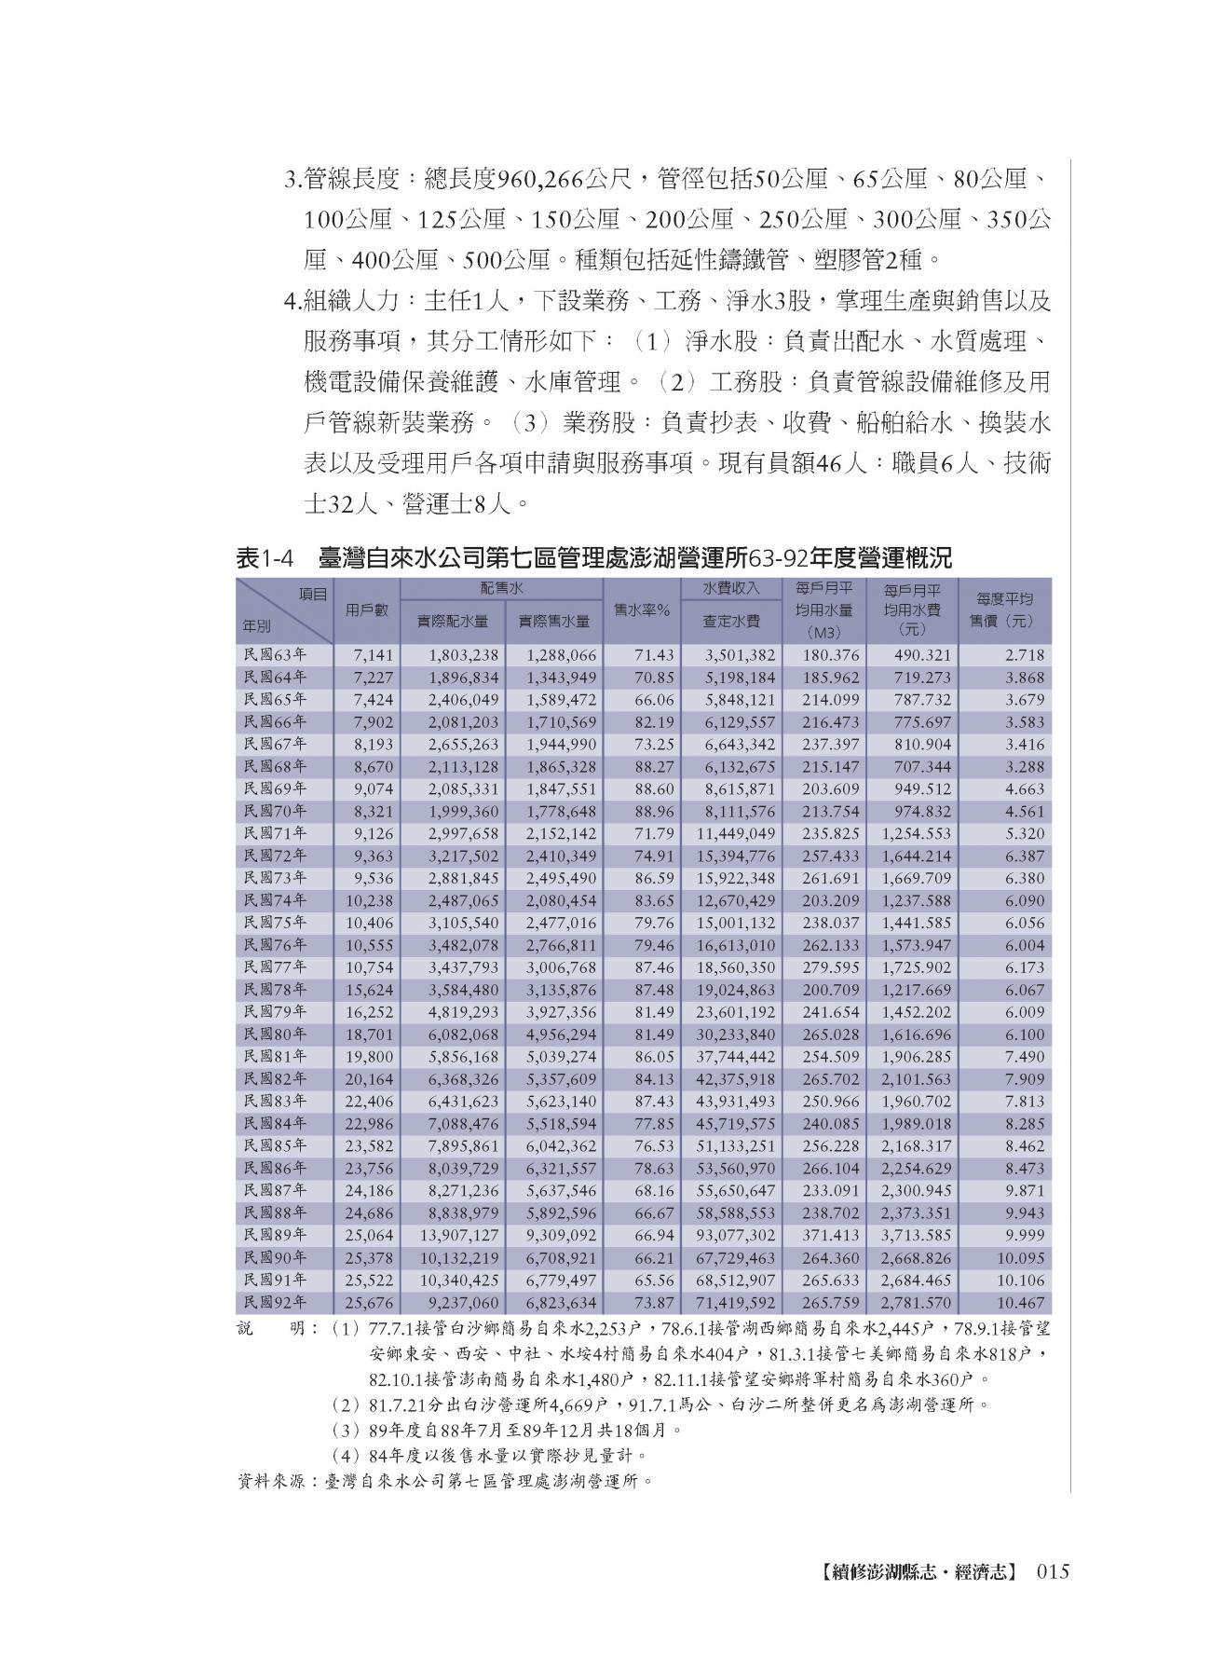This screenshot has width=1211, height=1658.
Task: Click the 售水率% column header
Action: point(642,610)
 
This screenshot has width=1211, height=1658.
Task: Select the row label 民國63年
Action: point(274,655)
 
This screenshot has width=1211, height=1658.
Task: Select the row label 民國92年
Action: point(274,1303)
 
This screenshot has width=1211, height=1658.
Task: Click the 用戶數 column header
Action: point(366,610)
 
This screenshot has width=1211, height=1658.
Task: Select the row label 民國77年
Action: point(274,967)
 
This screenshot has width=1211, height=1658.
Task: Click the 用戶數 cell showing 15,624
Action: point(370,991)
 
